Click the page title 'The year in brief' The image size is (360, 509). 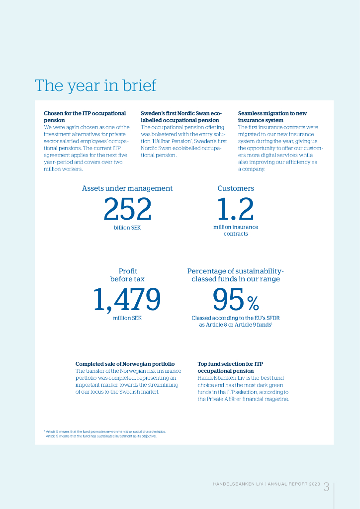click(x=95, y=85)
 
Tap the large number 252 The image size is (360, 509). click(x=127, y=209)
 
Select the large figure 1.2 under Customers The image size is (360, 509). click(x=235, y=209)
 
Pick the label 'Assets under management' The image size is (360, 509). click(x=127, y=188)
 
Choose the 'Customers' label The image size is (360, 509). click(x=236, y=188)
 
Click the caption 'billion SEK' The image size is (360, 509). click(x=127, y=227)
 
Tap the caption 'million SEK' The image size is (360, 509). click(x=127, y=318)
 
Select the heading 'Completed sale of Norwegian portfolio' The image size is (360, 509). click(x=125, y=364)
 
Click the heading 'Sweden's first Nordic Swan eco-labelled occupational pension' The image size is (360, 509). click(x=181, y=117)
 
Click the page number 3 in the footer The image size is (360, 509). click(x=326, y=487)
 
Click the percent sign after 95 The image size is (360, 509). click(x=253, y=302)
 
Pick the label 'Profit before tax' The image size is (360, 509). click(x=128, y=275)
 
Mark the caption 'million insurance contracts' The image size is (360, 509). click(x=236, y=230)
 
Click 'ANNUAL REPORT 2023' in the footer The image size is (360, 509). click(x=293, y=484)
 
